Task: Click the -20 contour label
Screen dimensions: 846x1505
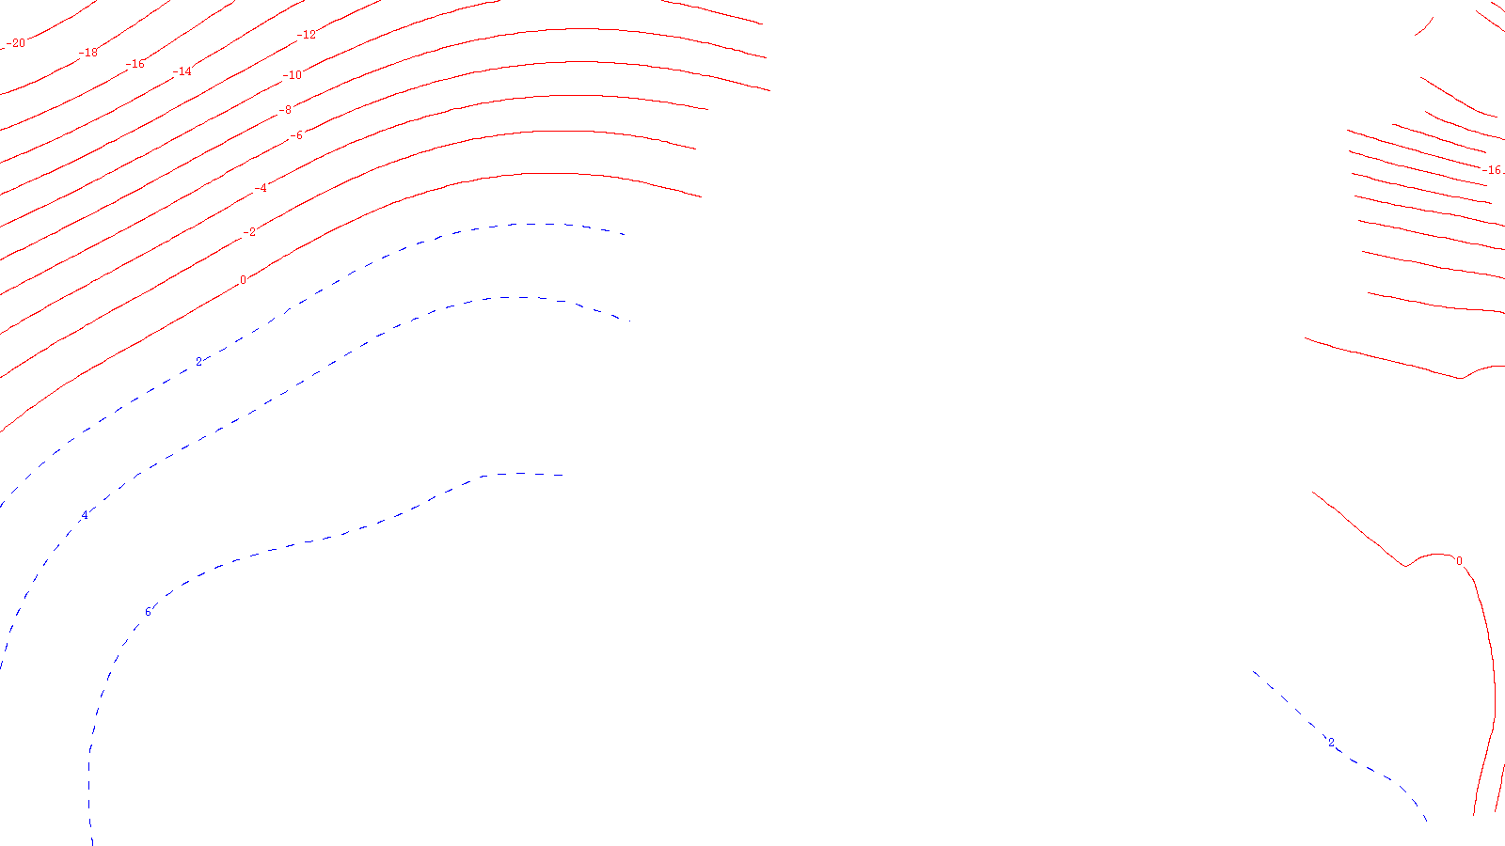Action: coord(16,43)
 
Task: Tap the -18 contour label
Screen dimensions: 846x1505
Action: coord(88,53)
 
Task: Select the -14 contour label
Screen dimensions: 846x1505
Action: coord(182,71)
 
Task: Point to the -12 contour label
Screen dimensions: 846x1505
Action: coord(307,36)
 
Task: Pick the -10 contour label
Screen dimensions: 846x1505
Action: coord(293,75)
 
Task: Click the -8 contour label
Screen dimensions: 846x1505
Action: coord(284,110)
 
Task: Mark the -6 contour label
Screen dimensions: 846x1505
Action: coord(295,135)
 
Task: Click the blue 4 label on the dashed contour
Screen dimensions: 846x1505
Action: coord(85,515)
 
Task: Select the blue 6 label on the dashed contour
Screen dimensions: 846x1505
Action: coord(148,613)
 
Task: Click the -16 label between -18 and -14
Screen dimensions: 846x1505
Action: coord(136,64)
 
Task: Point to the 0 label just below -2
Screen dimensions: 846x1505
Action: coord(243,280)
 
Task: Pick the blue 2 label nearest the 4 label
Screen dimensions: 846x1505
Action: coord(198,362)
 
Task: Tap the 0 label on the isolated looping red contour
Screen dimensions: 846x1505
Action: coord(1459,561)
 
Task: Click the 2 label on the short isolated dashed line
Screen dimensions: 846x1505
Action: coord(1330,743)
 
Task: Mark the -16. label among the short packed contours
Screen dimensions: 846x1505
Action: coord(1493,170)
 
